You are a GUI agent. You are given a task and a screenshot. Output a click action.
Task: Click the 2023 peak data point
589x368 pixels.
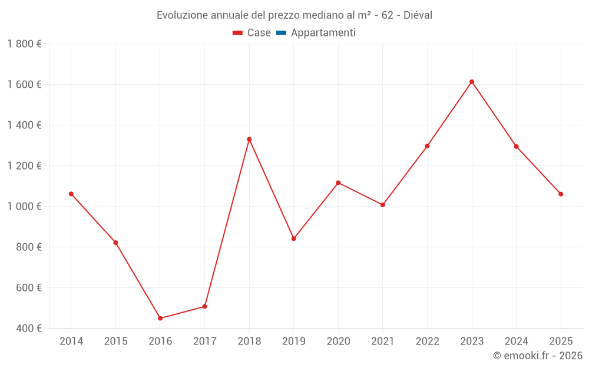click(472, 82)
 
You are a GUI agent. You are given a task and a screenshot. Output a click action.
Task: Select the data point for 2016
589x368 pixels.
click(160, 318)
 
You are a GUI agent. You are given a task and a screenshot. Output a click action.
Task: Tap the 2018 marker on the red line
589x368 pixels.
click(249, 140)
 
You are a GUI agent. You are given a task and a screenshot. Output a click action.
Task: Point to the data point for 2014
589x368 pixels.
click(71, 194)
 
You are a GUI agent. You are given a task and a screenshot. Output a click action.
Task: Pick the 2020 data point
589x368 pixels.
click(338, 183)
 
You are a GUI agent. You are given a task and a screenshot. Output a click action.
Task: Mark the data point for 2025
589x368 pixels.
click(561, 194)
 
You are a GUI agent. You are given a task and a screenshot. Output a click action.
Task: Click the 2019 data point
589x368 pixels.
click(294, 238)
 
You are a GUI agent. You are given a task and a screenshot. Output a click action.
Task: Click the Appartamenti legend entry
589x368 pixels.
click(323, 33)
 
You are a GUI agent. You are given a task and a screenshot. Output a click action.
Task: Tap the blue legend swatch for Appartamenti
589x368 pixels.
click(281, 33)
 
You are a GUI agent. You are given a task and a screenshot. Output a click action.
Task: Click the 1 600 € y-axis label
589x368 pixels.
click(25, 84)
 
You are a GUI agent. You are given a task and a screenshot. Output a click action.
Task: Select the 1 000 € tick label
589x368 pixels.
click(25, 206)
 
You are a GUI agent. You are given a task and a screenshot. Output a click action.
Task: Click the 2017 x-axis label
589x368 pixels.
click(204, 342)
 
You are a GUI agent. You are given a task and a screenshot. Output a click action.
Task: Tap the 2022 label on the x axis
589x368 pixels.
click(427, 342)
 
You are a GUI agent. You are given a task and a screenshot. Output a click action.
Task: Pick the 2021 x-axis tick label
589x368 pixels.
click(383, 342)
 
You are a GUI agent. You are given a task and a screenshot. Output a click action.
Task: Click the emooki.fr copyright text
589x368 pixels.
click(538, 356)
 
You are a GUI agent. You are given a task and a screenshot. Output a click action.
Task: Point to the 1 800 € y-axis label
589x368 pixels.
click(25, 44)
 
